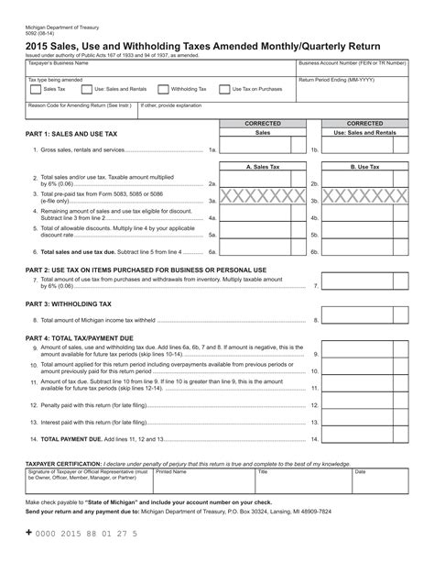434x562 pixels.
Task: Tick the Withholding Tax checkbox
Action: coord(163,90)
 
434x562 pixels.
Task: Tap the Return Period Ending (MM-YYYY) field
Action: coord(353,92)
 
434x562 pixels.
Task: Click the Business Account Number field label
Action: coord(353,63)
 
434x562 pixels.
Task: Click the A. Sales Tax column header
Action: coord(261,167)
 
